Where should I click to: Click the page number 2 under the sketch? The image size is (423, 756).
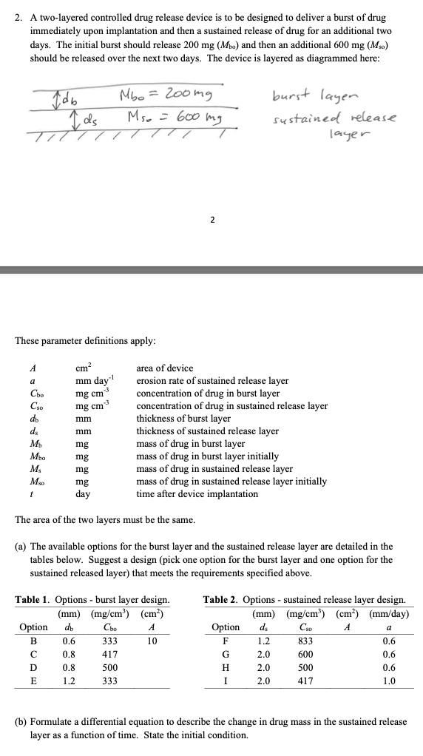tap(211, 219)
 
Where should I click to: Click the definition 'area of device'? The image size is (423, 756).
tap(165, 368)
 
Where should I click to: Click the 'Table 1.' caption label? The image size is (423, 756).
tap(35, 599)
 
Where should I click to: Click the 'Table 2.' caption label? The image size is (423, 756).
tap(222, 599)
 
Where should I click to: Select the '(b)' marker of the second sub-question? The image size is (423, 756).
tap(21, 722)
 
